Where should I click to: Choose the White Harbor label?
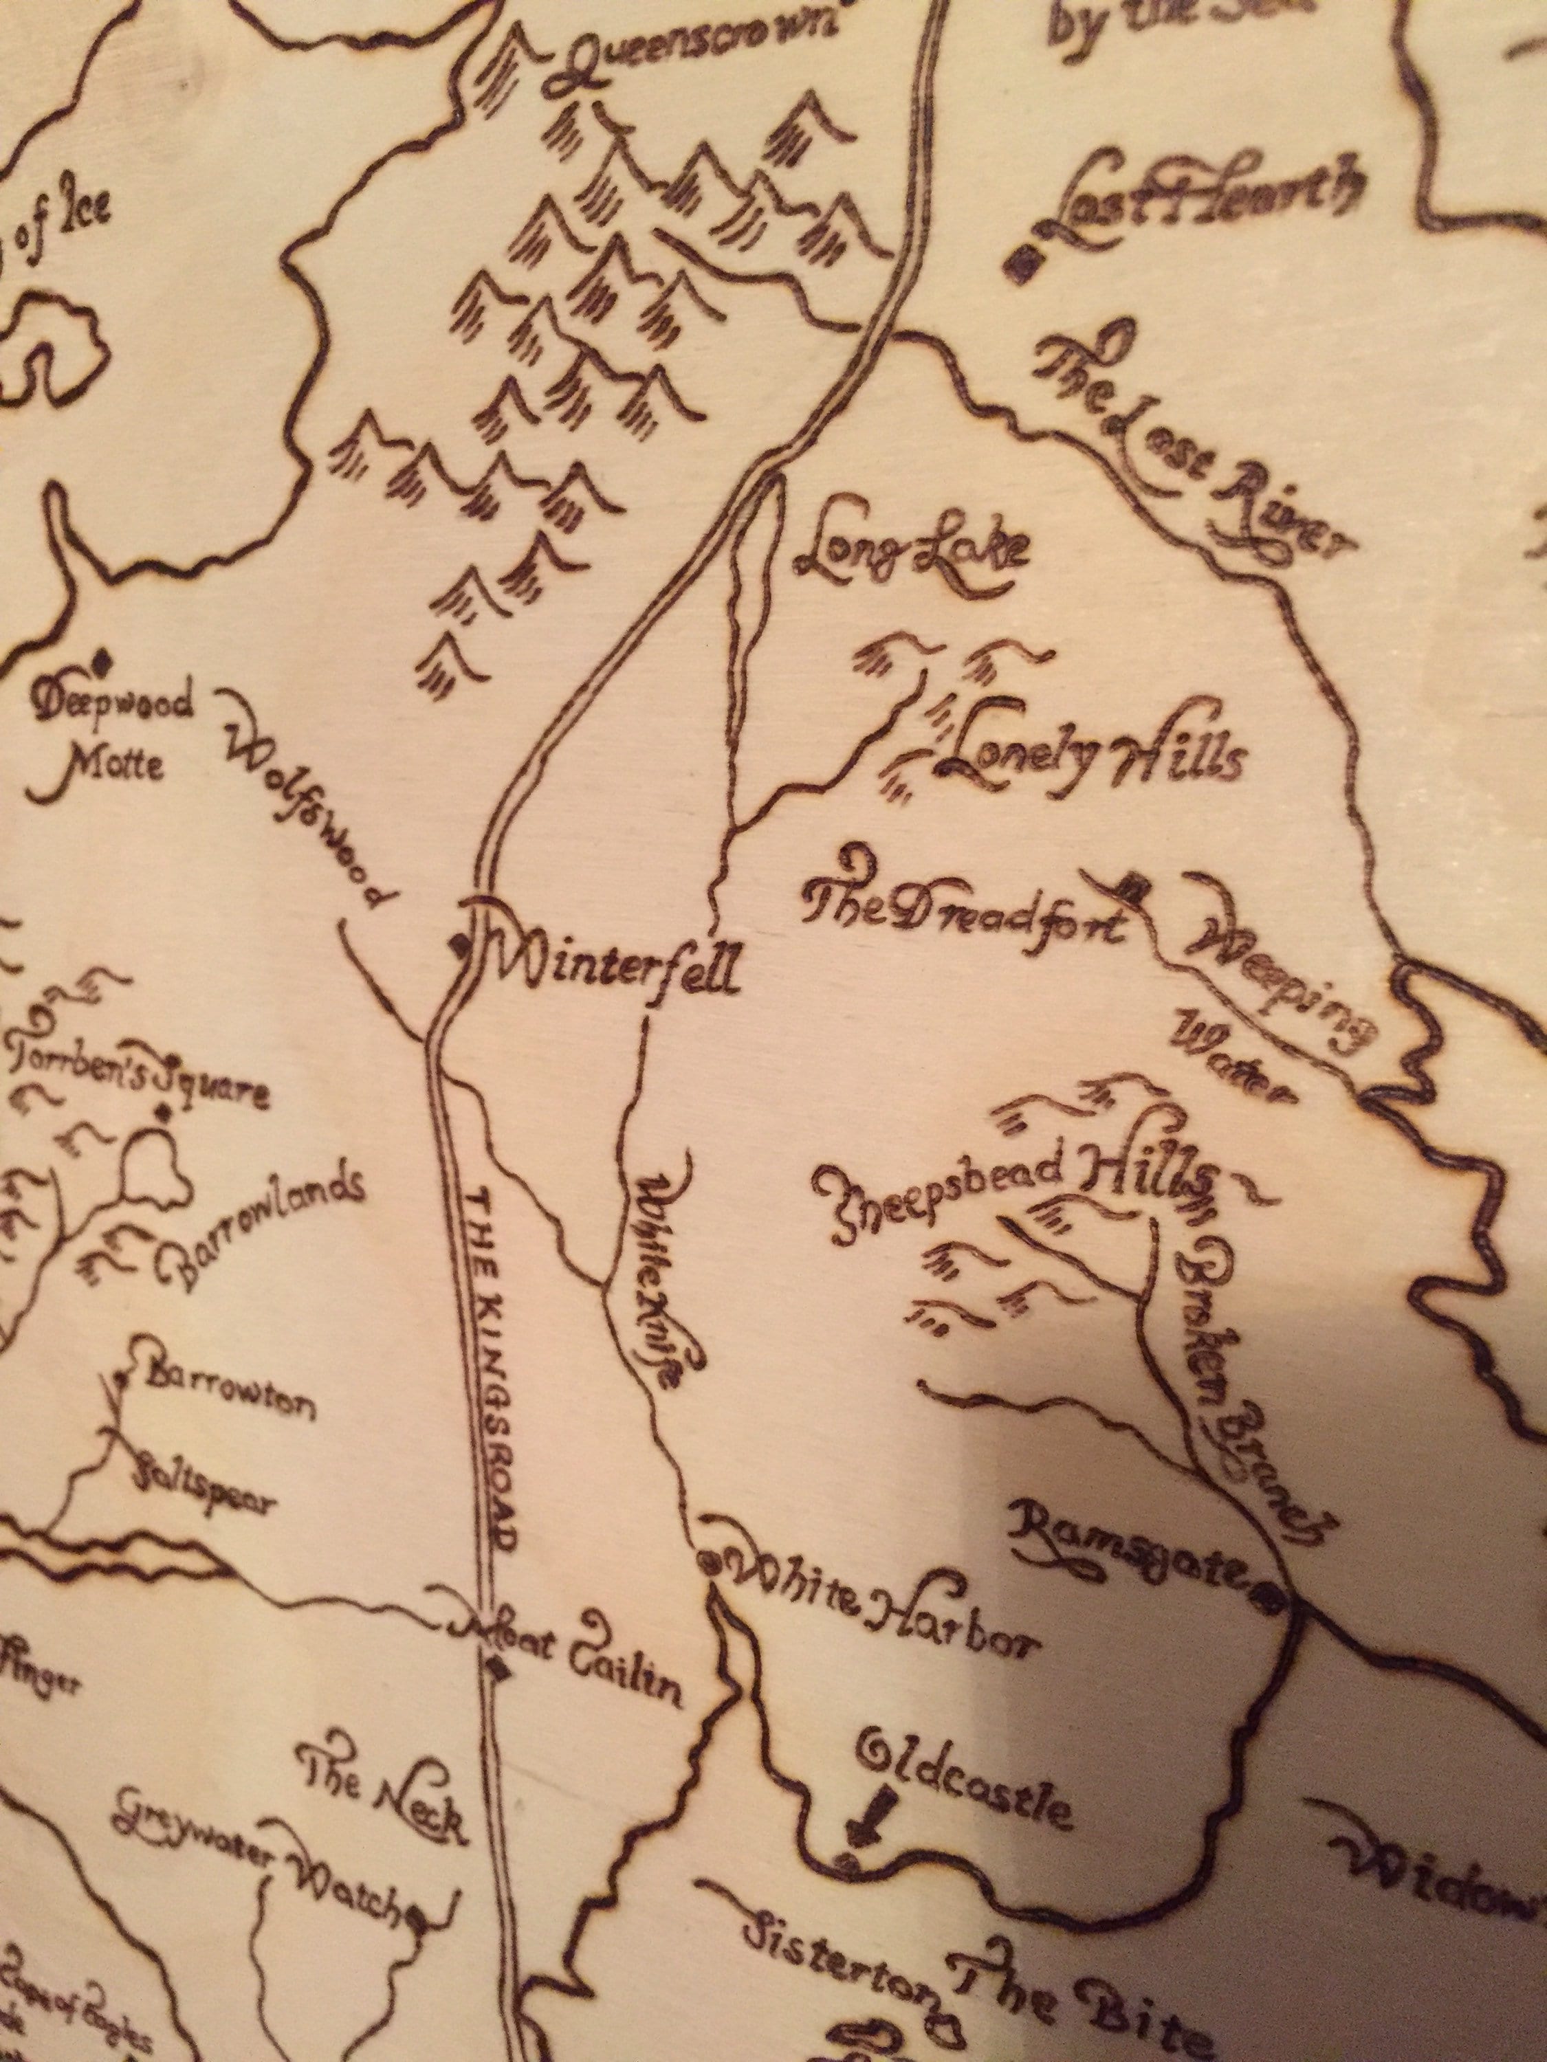[881, 1596]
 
